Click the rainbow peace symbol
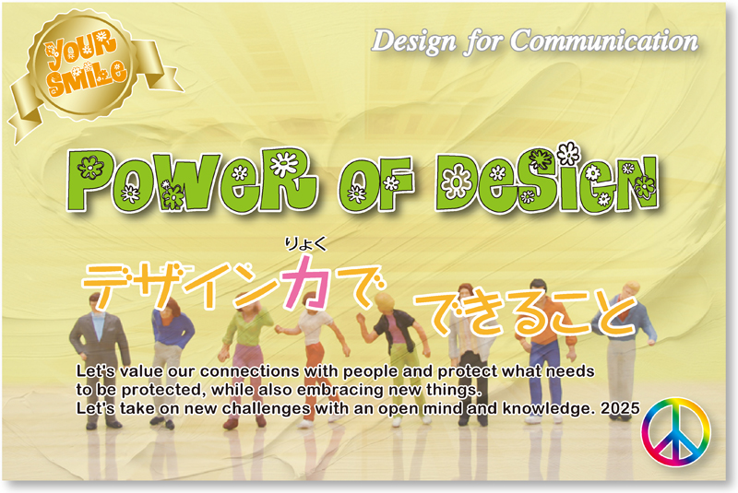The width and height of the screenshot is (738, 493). pos(676,432)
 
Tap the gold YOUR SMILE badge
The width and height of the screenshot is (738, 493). pos(85,65)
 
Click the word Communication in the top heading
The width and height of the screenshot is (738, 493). pos(604,41)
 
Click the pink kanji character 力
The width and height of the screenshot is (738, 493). pos(306,281)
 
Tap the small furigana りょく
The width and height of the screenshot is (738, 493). pos(305,244)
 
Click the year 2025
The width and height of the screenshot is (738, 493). pos(620,408)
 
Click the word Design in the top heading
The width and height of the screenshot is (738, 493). pos(413,42)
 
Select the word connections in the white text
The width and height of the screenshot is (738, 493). pos(250,371)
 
